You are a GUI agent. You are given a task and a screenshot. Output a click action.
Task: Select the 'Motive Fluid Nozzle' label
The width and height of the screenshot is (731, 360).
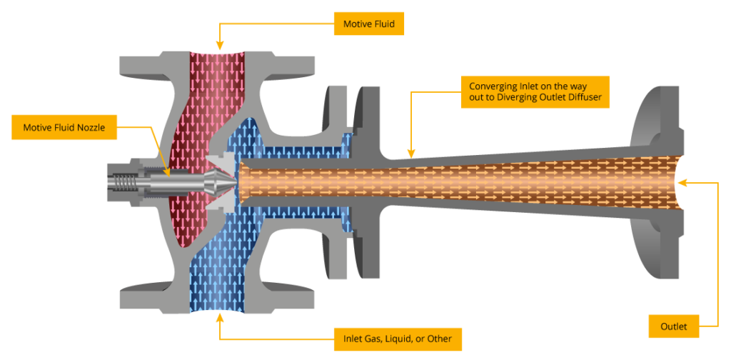click(64, 128)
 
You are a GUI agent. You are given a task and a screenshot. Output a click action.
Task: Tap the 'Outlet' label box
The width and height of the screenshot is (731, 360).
click(673, 326)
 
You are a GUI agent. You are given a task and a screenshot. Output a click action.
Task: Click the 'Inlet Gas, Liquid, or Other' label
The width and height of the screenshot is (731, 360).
click(398, 338)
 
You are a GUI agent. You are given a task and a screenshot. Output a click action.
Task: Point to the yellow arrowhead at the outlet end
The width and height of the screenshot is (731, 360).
click(681, 184)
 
